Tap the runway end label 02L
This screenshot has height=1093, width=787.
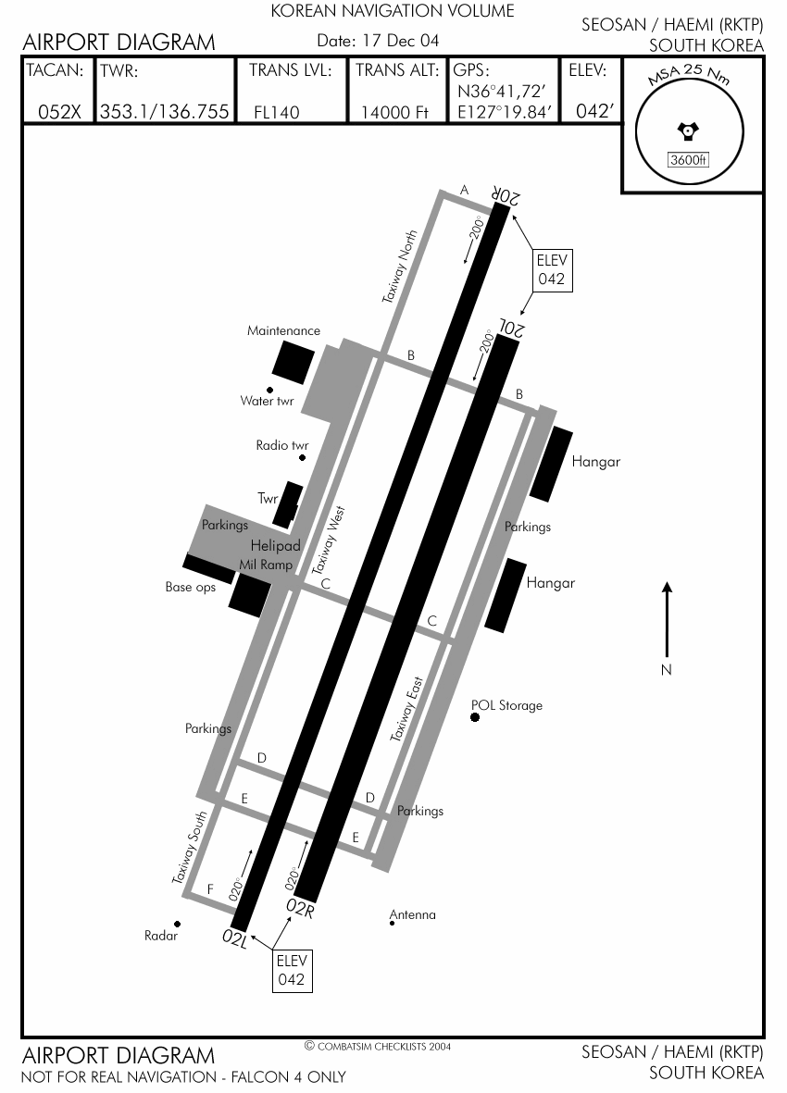tap(235, 938)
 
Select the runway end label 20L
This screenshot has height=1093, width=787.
tap(511, 327)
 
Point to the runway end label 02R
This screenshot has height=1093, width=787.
tap(300, 908)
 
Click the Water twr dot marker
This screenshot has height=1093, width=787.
tap(269, 391)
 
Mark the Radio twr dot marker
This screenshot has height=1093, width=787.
tap(302, 458)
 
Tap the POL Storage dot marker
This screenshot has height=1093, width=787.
tap(475, 717)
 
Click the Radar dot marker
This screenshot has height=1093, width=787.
tap(177, 925)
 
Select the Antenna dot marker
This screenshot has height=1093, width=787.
tap(392, 924)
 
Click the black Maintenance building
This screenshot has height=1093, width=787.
tap(293, 363)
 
